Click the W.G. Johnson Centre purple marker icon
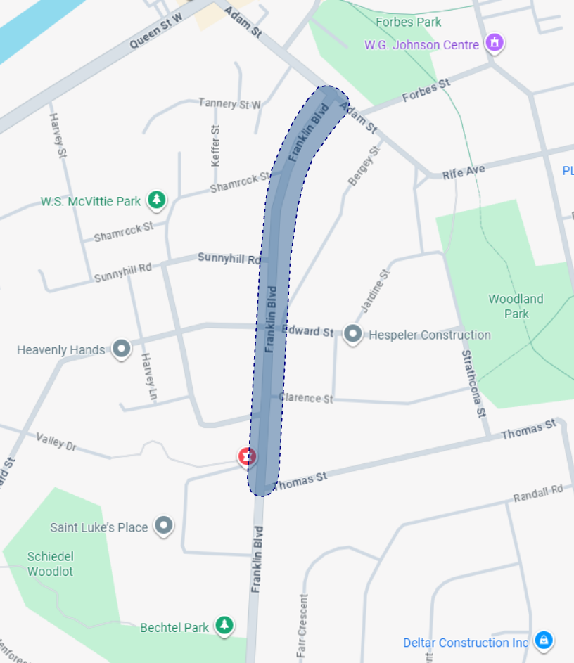(495, 43)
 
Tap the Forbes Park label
(409, 22)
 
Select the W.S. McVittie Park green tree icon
(156, 200)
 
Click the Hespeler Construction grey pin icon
(352, 334)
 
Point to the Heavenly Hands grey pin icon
(121, 349)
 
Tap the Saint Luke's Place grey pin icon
(164, 525)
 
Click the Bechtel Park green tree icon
(224, 624)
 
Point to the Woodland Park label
(516, 307)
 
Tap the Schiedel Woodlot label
(50, 563)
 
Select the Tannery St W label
(229, 103)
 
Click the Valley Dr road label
(56, 441)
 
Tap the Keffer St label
(215, 146)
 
